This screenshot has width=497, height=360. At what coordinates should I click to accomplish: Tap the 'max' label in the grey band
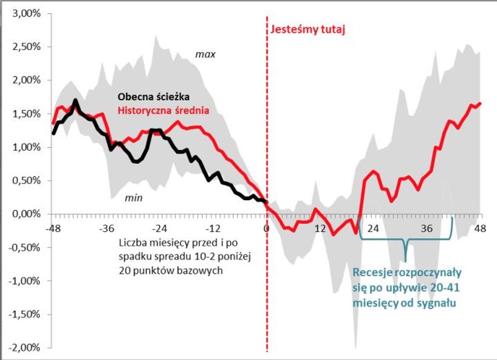click(205, 55)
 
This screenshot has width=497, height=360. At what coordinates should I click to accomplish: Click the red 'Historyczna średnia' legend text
click(163, 110)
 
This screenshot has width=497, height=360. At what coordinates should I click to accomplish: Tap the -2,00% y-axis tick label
click(23, 348)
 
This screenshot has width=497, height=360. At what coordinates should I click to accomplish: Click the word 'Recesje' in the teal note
click(374, 273)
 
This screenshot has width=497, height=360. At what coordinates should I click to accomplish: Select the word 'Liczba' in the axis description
click(134, 243)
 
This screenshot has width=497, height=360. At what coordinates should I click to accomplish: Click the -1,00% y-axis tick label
click(23, 281)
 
